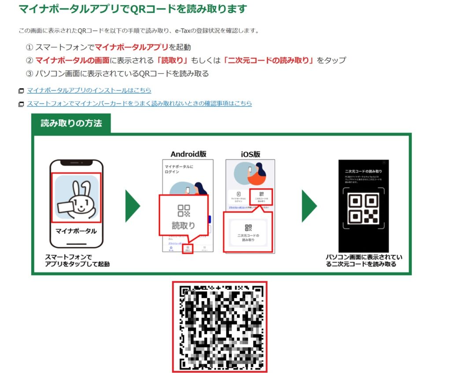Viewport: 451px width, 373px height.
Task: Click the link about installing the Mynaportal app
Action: click(x=89, y=91)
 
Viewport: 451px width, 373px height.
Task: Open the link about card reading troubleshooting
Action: click(x=139, y=103)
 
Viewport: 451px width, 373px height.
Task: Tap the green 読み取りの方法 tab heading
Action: click(x=71, y=123)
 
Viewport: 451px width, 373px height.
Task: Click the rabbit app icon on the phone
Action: click(x=77, y=197)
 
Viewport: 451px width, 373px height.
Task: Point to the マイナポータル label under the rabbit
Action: click(x=76, y=231)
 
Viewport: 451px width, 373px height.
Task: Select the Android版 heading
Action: click(x=188, y=154)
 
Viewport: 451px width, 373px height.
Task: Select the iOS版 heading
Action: click(x=250, y=154)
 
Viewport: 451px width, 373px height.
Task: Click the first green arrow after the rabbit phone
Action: click(x=132, y=206)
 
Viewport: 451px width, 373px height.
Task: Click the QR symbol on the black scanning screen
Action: click(x=363, y=208)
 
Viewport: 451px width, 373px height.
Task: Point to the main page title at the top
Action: click(x=133, y=9)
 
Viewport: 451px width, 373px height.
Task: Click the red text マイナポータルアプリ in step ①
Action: click(x=132, y=47)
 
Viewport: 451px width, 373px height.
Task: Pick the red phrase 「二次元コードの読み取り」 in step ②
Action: click(x=269, y=60)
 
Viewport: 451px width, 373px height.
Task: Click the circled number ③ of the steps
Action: click(x=30, y=74)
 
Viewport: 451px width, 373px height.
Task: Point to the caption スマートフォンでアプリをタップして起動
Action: click(x=77, y=260)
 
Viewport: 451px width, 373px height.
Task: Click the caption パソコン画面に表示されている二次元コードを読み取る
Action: click(x=364, y=260)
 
